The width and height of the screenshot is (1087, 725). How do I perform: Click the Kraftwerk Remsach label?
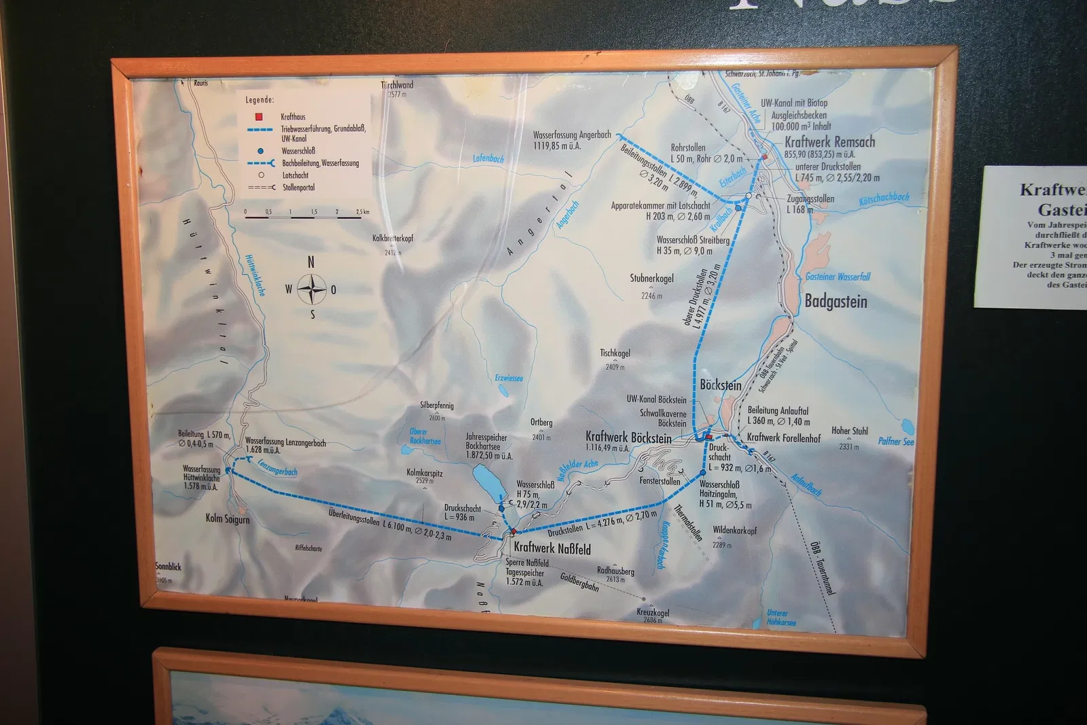click(830, 142)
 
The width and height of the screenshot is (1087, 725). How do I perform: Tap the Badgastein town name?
click(836, 302)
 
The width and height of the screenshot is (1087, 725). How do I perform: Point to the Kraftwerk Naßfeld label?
click(552, 548)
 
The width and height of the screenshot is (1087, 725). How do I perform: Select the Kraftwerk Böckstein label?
click(628, 438)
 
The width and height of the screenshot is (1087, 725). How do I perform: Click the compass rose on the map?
click(312, 289)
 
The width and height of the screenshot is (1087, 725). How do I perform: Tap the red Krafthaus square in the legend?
click(259, 117)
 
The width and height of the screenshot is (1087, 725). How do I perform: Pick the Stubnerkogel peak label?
click(652, 279)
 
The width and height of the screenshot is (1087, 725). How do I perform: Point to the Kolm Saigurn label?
click(228, 519)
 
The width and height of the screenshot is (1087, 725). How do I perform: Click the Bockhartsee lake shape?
click(488, 482)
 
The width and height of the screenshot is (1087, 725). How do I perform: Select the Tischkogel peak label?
click(615, 353)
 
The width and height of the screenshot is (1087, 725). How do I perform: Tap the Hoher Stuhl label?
click(849, 431)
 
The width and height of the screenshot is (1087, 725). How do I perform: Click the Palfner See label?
click(895, 442)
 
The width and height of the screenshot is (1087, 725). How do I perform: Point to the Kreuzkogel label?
click(652, 612)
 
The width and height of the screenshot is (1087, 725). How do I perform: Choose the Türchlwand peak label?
click(397, 86)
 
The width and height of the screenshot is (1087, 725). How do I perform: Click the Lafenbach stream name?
click(488, 159)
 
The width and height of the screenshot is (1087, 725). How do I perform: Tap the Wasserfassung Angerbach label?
click(571, 135)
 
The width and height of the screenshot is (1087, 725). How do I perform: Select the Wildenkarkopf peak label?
click(734, 530)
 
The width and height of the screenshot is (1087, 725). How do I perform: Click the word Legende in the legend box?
click(260, 100)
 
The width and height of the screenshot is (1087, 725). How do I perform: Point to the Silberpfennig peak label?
click(436, 406)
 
